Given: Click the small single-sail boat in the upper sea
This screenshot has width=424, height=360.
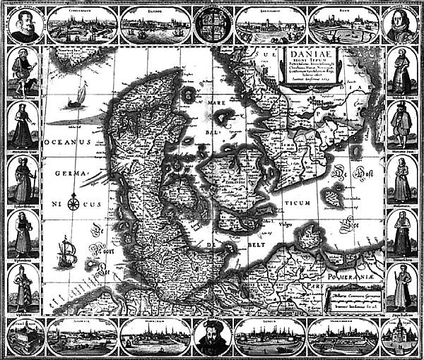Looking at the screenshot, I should (77, 95).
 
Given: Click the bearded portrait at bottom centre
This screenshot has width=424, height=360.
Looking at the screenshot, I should (211, 337).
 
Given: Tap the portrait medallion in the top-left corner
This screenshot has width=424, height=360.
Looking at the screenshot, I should (24, 25).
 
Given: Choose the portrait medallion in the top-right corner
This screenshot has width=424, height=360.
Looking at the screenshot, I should (400, 25).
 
